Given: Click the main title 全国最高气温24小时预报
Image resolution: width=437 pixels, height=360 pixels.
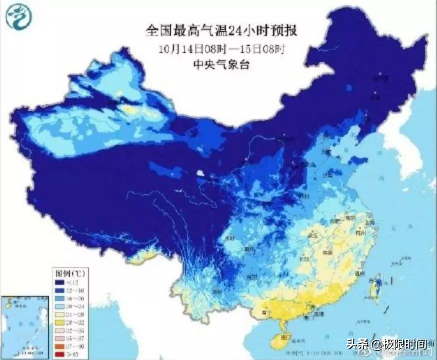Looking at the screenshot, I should [x=221, y=31].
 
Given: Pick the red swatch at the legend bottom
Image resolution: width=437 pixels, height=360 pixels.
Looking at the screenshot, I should [x=59, y=354].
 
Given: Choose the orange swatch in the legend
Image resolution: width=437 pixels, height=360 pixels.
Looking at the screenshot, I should [x=59, y=346].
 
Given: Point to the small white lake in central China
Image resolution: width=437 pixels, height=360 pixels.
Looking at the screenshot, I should [x=200, y=173].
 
